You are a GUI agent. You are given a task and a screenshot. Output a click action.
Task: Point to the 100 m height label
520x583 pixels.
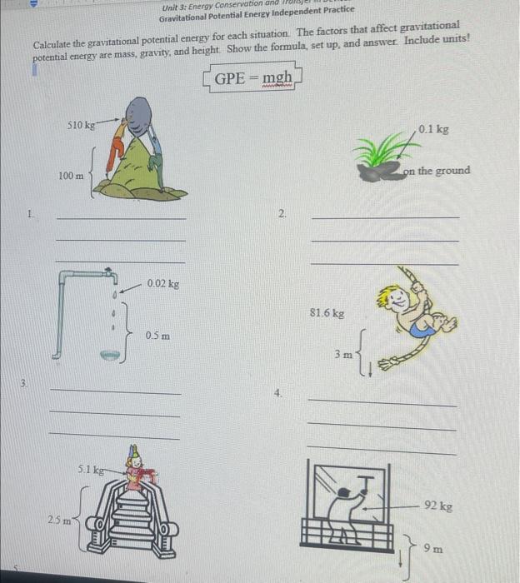pyautogui.click(x=71, y=176)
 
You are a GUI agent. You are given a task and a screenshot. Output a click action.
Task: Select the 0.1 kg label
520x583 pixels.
pyautogui.click(x=433, y=130)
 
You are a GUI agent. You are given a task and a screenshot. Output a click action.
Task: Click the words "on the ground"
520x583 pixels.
pyautogui.click(x=436, y=171)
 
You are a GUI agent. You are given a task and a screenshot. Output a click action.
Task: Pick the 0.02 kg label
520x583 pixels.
pyautogui.click(x=162, y=284)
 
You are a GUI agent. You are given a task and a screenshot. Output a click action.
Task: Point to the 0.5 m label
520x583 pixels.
pyautogui.click(x=157, y=336)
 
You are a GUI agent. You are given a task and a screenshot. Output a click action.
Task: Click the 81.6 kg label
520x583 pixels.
pyautogui.click(x=326, y=313)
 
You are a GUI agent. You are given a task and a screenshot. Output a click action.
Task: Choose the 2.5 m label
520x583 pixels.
pyautogui.click(x=57, y=520)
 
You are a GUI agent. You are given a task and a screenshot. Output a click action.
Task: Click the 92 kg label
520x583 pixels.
pyautogui.click(x=437, y=506)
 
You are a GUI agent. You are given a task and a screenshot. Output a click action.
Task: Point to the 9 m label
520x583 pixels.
pyautogui.click(x=432, y=548)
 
